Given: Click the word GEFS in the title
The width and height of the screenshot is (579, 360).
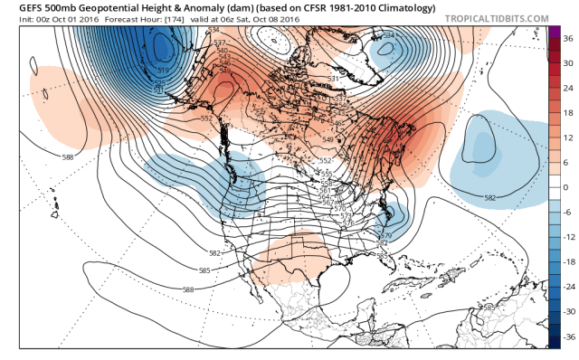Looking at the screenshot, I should [17, 7].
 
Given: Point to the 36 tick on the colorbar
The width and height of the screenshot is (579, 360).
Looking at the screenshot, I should [566, 40].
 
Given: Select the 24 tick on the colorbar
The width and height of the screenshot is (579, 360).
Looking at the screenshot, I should [566, 90].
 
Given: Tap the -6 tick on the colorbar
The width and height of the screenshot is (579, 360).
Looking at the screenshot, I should [566, 212].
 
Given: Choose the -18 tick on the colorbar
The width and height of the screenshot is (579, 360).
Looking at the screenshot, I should [567, 261].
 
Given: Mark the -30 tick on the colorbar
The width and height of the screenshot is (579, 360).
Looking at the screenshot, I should [567, 310].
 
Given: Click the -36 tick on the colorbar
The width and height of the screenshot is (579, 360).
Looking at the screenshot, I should [567, 335].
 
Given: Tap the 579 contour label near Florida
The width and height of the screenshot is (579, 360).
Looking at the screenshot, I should [384, 236].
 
